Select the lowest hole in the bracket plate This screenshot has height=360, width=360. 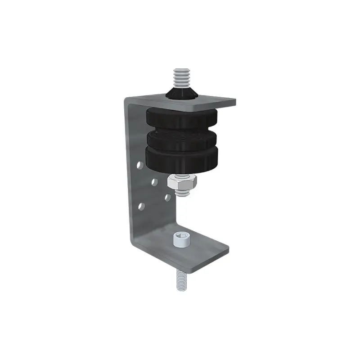142,206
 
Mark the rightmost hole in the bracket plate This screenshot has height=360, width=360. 167,197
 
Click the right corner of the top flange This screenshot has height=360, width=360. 235,100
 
